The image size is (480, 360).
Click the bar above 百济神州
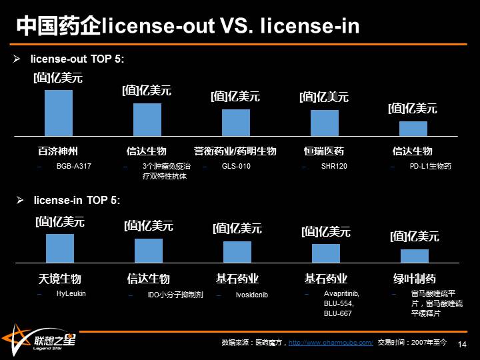point(59,113)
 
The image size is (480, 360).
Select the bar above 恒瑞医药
point(325,123)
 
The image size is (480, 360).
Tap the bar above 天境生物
point(60,248)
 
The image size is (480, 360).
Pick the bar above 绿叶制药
point(415,256)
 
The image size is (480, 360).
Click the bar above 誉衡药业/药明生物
point(236,123)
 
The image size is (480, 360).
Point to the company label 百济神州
point(58,151)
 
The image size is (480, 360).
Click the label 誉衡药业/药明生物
point(235,151)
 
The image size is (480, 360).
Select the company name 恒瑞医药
point(324,151)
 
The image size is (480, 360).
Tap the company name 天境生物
point(59,279)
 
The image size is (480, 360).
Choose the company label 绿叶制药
point(415,279)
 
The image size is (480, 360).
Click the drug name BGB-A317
point(73,166)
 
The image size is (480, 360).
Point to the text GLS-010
point(236,166)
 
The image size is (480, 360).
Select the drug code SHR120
point(334,166)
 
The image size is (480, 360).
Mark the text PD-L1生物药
point(431,166)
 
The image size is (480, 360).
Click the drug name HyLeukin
point(71,293)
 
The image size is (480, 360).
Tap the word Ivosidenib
point(251,295)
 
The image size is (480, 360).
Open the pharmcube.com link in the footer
point(330,343)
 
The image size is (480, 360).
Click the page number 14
point(463,343)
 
